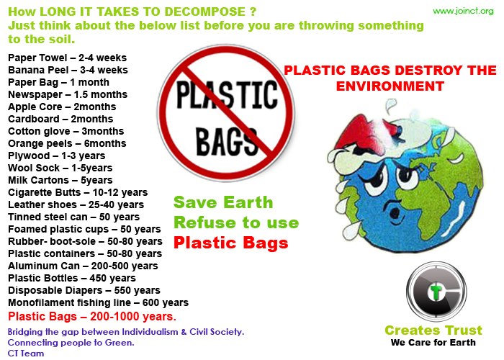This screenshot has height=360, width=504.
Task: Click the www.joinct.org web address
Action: (x=463, y=12)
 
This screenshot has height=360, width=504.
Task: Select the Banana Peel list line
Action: (x=68, y=70)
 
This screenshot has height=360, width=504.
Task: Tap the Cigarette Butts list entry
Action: (x=78, y=192)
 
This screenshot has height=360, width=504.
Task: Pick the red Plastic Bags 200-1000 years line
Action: (x=92, y=317)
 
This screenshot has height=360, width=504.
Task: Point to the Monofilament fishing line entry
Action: (x=99, y=303)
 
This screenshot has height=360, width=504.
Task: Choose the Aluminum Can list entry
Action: (x=83, y=266)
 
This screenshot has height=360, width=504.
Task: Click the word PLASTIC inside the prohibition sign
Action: (x=227, y=94)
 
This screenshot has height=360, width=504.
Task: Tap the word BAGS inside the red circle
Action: (x=227, y=141)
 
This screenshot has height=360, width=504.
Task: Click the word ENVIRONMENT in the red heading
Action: (x=390, y=86)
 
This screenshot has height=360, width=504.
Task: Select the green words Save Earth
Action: (x=223, y=202)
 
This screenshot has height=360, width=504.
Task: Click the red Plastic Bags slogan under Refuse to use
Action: (x=231, y=243)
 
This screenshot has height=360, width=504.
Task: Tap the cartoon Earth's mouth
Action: (x=395, y=213)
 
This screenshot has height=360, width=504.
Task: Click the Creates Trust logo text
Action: (x=433, y=330)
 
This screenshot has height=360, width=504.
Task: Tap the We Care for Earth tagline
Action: (x=433, y=343)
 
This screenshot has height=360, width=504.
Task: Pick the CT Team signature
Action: (x=26, y=354)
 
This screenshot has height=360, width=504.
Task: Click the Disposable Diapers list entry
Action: (x=84, y=291)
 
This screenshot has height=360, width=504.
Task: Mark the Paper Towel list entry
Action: (x=67, y=58)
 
